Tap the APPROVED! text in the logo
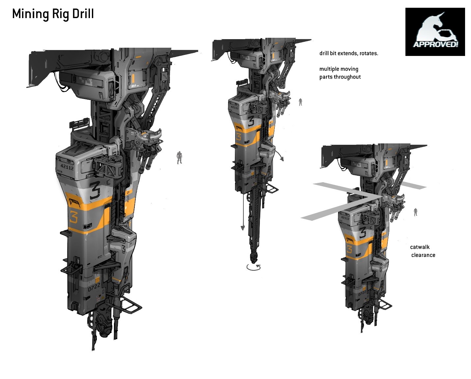[435, 44]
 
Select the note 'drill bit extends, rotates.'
[349, 53]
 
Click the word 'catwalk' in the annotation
[420, 247]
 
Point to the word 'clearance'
[423, 255]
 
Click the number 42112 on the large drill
[67, 167]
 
